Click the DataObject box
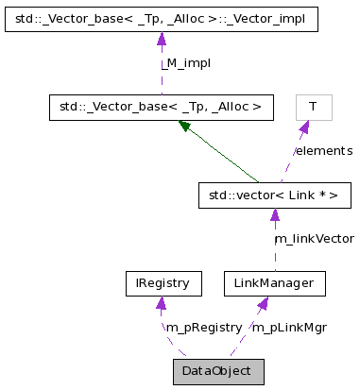(218, 371)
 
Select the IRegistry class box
(163, 282)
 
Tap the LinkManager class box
(275, 282)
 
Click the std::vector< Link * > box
(274, 195)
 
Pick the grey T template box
(312, 107)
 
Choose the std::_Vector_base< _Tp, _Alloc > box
(161, 107)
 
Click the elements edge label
(323, 150)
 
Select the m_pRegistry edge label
(203, 327)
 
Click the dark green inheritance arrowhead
(186, 125)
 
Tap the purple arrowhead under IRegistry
(162, 302)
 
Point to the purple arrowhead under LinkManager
(263, 302)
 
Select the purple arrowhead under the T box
(303, 127)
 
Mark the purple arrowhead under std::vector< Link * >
(274, 214)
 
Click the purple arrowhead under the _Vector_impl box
(161, 38)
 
